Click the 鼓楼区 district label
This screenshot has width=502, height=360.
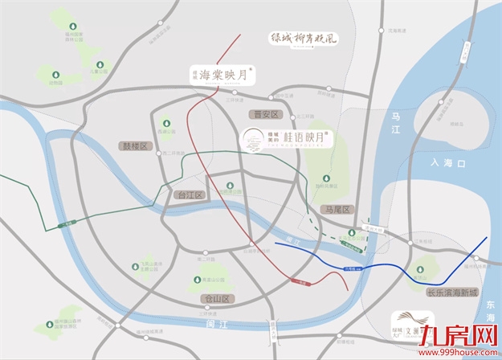tap(133, 146)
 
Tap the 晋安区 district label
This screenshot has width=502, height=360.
tap(263, 114)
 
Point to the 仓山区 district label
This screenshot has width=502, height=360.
tap(216, 299)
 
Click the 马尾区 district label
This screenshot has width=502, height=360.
tap(337, 209)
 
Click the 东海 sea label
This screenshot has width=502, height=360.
tap(489, 314)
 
